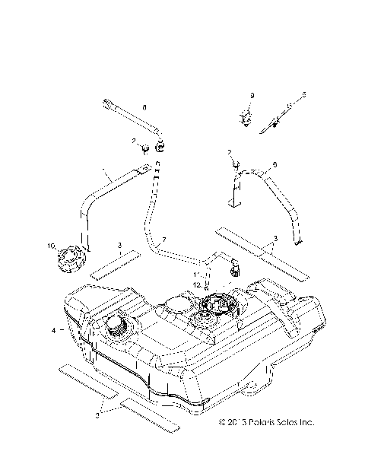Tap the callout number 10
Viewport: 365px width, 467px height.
52,246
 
